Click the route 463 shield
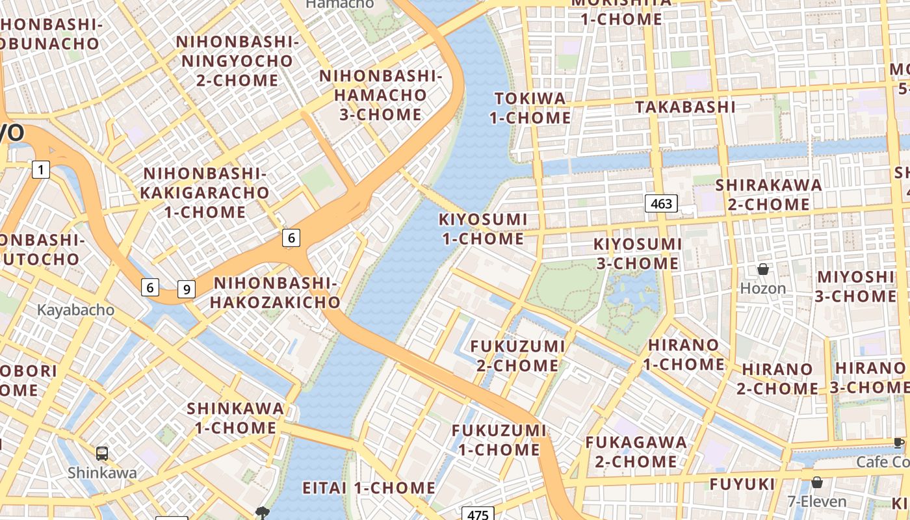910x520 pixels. tap(661, 203)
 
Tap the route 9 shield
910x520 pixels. tap(187, 289)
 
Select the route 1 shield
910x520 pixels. tap(41, 170)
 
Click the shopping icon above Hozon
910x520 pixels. tap(763, 269)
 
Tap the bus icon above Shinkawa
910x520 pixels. tap(102, 453)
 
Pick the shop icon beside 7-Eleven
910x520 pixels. tap(817, 482)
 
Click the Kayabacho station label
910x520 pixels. tap(75, 310)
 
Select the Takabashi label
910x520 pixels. tap(685, 107)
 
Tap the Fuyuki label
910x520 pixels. tap(742, 484)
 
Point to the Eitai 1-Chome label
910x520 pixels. tap(369, 487)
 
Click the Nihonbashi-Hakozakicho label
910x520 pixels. tap(275, 292)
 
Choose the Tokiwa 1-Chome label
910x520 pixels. tap(530, 108)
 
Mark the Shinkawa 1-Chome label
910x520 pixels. tap(235, 418)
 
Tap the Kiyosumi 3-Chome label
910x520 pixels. tap(638, 253)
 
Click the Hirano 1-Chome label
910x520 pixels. tap(684, 354)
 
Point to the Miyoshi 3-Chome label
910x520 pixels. tap(855, 286)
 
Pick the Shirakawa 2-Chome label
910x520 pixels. tap(768, 194)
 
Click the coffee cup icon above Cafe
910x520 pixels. tap(899, 443)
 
